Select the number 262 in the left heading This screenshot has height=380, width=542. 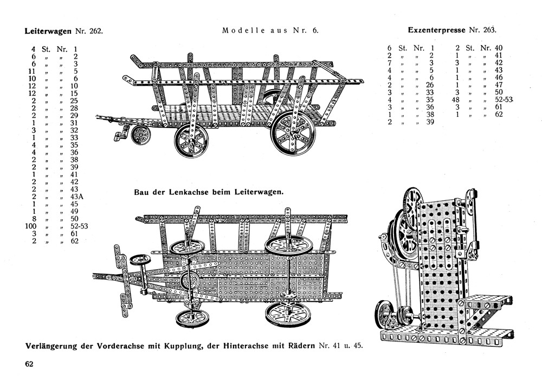click(94, 31)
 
